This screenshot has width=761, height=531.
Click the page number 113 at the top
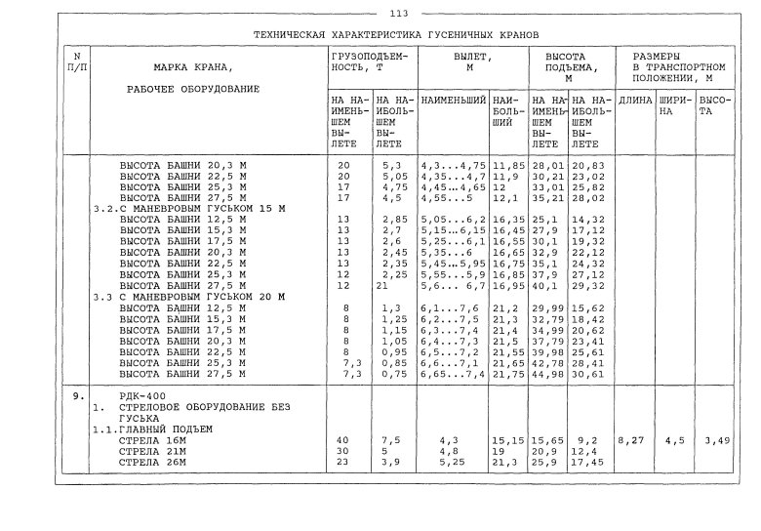tap(397, 13)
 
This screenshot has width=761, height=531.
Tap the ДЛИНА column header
tap(636, 101)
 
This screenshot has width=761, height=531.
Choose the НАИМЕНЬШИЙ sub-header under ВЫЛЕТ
tap(454, 101)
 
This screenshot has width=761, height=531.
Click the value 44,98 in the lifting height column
tap(547, 373)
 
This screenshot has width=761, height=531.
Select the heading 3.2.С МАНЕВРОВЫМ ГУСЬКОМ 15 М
tap(185, 208)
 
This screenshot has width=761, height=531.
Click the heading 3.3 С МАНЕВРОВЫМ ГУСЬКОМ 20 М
tap(186, 296)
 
